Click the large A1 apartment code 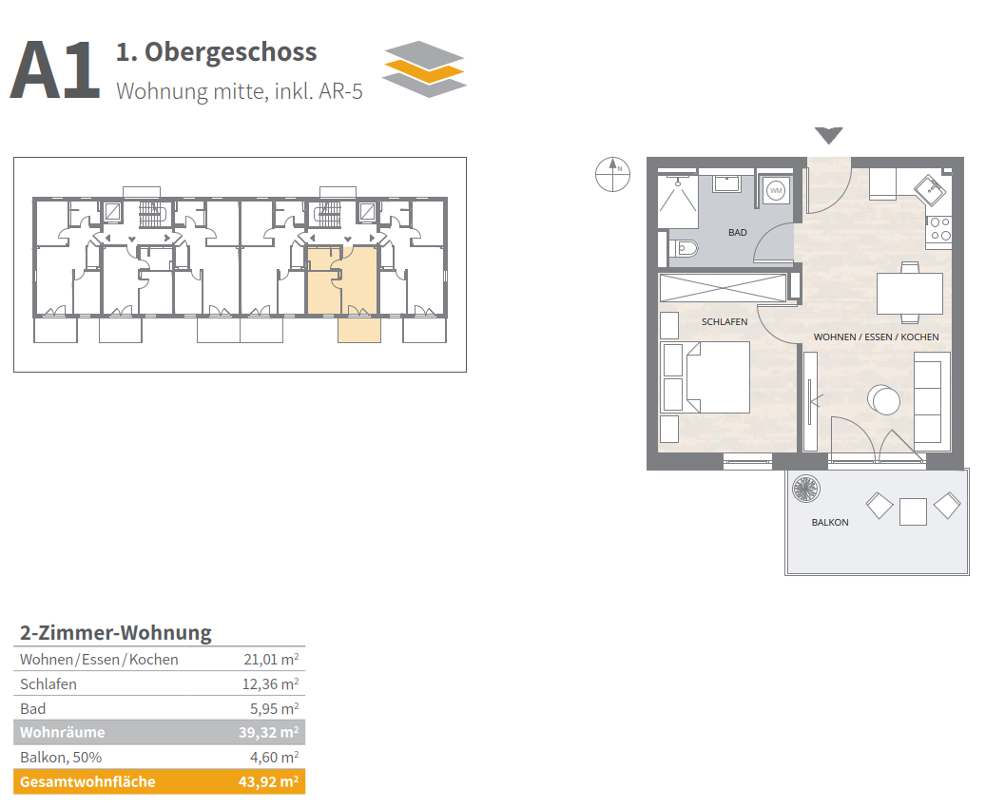click(55, 69)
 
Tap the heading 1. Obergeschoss click(216, 52)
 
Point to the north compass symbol click(612, 174)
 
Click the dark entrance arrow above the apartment click(829, 135)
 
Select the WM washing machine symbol click(776, 190)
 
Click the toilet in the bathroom click(683, 247)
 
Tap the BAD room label click(737, 233)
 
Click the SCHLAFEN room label click(725, 321)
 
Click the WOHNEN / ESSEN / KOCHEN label click(877, 337)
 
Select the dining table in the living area click(910, 293)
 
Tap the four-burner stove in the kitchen click(939, 229)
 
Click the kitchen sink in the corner click(929, 190)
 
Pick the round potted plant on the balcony click(805, 489)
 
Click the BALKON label click(830, 522)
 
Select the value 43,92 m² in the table click(268, 781)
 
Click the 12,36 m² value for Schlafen click(270, 683)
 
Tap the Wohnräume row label click(62, 732)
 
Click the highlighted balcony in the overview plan click(359, 330)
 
